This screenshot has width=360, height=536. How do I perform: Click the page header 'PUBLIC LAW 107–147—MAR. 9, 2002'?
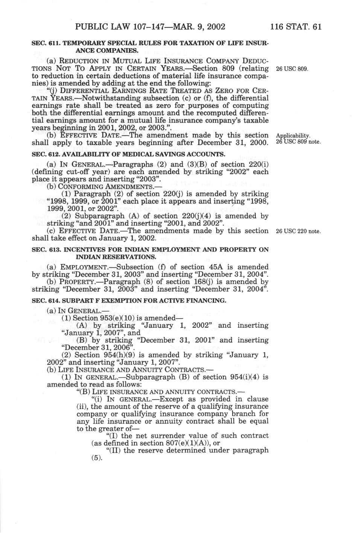point(150,27)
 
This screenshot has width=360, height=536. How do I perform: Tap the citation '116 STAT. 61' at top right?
point(296,27)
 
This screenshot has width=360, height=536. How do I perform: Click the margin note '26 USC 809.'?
point(292,69)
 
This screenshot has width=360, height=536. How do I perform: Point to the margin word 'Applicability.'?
point(293,135)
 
